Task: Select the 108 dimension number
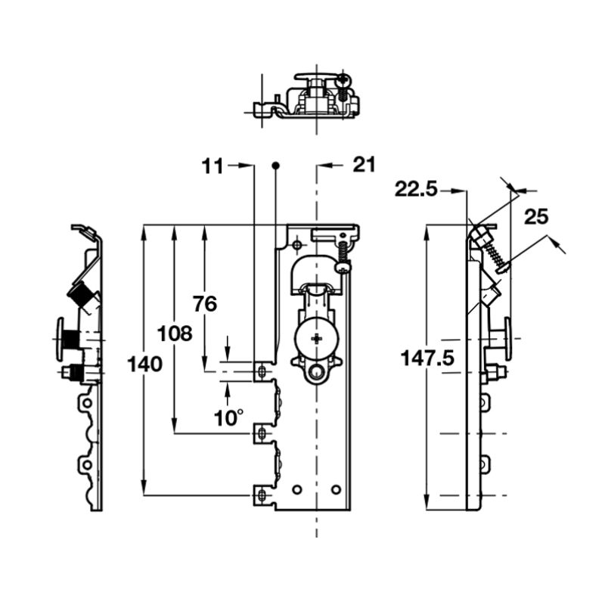coord(175,333)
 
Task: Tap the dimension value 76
coord(204,304)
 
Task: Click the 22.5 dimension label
coord(416,190)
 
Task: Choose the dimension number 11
coord(213,166)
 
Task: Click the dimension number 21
coord(364,165)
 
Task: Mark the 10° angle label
coord(228,417)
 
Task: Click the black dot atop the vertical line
coord(275,165)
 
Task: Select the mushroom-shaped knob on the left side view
coord(62,339)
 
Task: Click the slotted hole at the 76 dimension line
coord(262,371)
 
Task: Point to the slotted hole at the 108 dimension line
coord(262,433)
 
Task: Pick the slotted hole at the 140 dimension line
coord(262,495)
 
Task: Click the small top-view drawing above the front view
coord(306,96)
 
